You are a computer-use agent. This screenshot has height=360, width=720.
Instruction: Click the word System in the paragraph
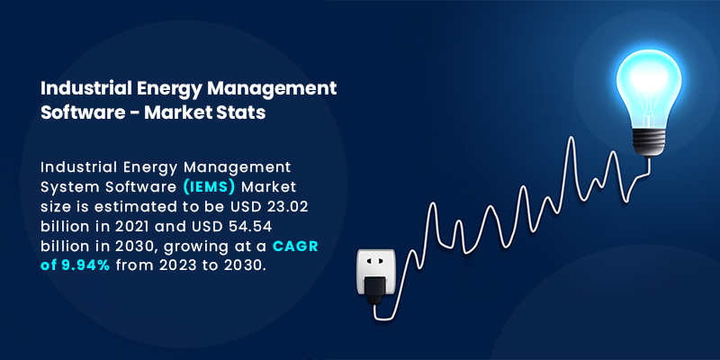71,186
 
